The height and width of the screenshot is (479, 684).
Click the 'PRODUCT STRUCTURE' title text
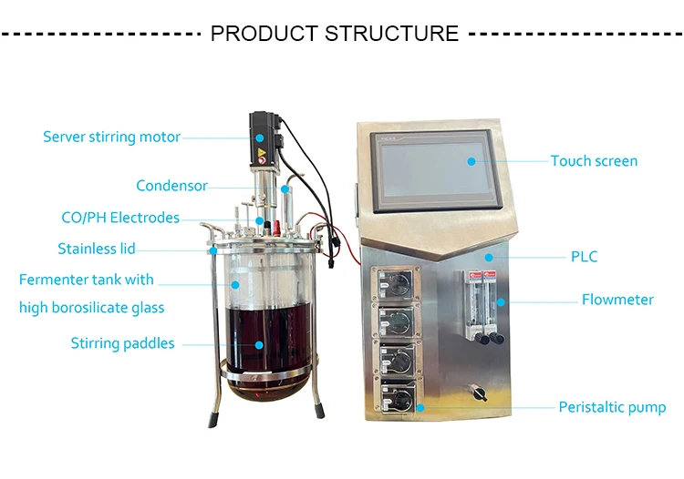pos(334,35)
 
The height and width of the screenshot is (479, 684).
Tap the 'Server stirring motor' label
pos(111,138)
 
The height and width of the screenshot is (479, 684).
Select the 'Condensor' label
pos(171,186)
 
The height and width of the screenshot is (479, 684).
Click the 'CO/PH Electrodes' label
pos(119,219)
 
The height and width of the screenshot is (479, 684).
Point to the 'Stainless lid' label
pos(97,249)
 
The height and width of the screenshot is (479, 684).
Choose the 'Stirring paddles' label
pos(122,343)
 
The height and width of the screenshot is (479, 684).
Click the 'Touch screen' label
pos(594,161)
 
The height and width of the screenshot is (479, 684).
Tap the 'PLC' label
pos(584,257)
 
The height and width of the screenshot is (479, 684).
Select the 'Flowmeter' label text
pos(617,299)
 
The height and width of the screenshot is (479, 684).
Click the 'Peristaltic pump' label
pos(612,407)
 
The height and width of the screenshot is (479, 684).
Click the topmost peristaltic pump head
pos(396,280)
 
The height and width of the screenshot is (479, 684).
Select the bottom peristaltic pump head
pos(398,397)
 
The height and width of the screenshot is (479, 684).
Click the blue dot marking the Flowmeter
pos(500,300)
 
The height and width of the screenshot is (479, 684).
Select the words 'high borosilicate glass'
pos(91,308)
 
